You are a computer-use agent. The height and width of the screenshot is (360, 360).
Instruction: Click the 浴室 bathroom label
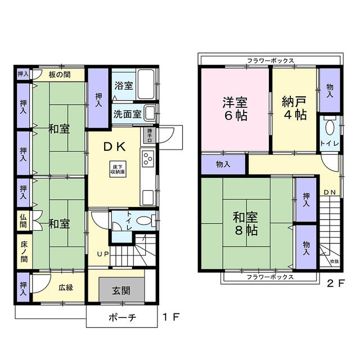[124, 86]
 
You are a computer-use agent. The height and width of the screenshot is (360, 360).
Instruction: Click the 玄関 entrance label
[121, 291]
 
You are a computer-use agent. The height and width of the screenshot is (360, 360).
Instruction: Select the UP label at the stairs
[103, 254]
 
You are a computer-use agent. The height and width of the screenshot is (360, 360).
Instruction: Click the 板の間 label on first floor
[58, 74]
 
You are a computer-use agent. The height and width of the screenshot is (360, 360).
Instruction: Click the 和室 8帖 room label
[246, 222]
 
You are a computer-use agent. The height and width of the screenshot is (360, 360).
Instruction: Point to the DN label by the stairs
[330, 193]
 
